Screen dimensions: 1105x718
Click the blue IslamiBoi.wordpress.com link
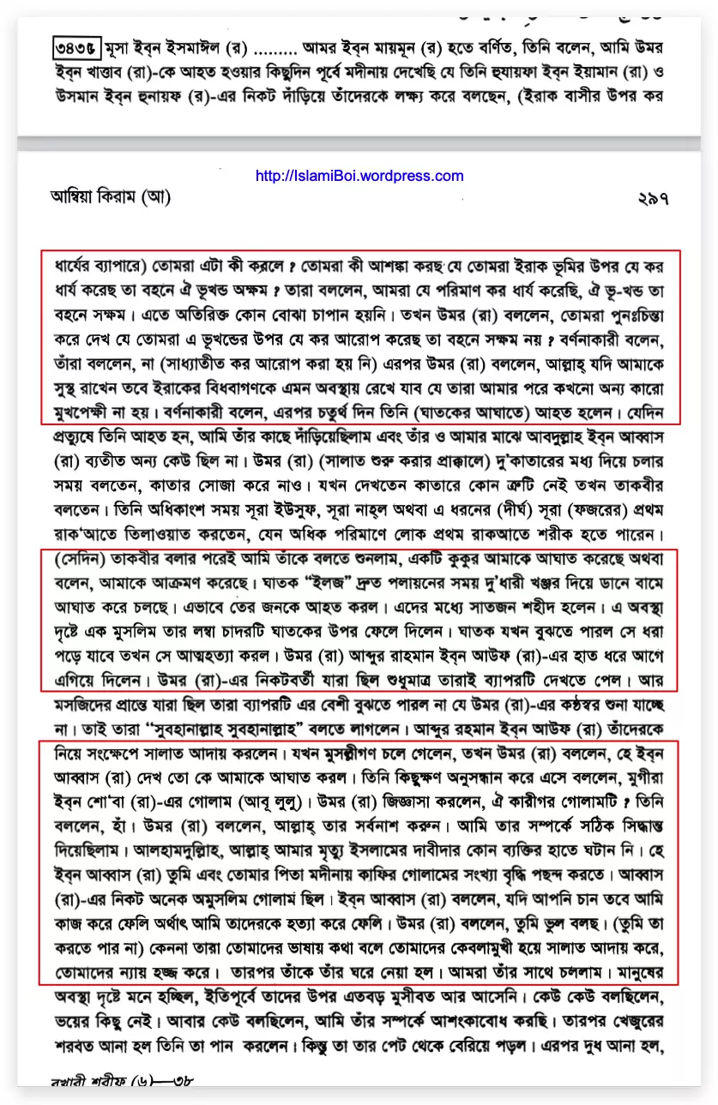(x=359, y=177)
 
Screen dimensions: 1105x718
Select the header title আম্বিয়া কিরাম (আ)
(x=111, y=198)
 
